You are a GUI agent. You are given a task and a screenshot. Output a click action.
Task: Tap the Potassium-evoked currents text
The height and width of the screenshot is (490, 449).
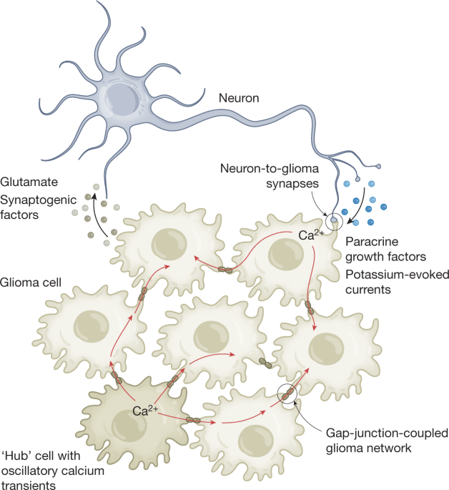point(386,283)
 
